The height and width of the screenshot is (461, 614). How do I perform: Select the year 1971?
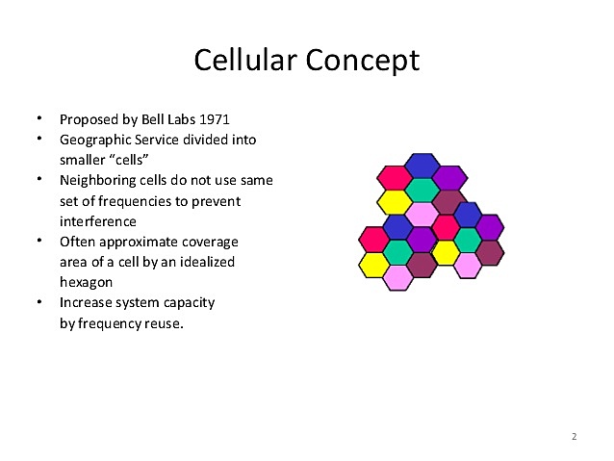pos(215,120)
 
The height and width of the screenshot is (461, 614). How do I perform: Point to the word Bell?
pos(149,120)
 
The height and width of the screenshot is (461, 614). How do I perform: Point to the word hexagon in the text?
pos(87,282)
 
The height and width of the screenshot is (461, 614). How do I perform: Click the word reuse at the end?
pos(162,322)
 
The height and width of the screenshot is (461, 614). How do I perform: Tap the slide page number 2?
pos(574,437)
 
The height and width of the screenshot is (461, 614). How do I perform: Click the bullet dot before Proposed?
pos(39,119)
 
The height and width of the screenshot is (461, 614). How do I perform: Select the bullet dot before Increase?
pos(39,301)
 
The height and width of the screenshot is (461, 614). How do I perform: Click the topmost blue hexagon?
pos(422,166)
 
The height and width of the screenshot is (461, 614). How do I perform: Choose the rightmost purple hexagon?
pos(490,228)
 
